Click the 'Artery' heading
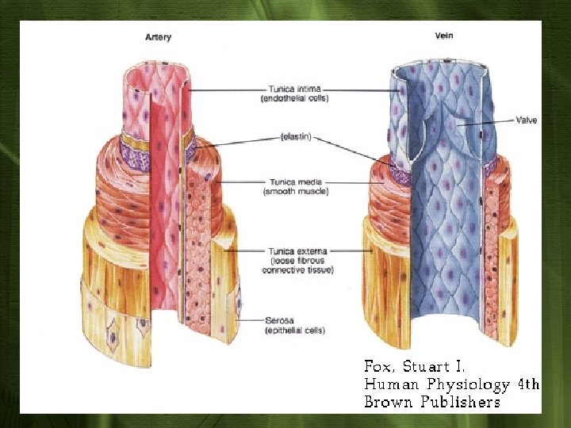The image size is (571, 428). click(x=158, y=37)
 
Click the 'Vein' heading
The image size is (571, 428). click(x=443, y=36)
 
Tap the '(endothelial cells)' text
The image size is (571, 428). click(x=294, y=98)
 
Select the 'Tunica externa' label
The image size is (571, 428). click(x=297, y=251)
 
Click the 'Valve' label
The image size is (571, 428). click(x=526, y=120)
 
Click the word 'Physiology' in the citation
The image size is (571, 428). click(x=471, y=385)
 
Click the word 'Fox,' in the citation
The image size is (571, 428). click(x=378, y=367)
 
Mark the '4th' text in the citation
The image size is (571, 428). click(x=528, y=385)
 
